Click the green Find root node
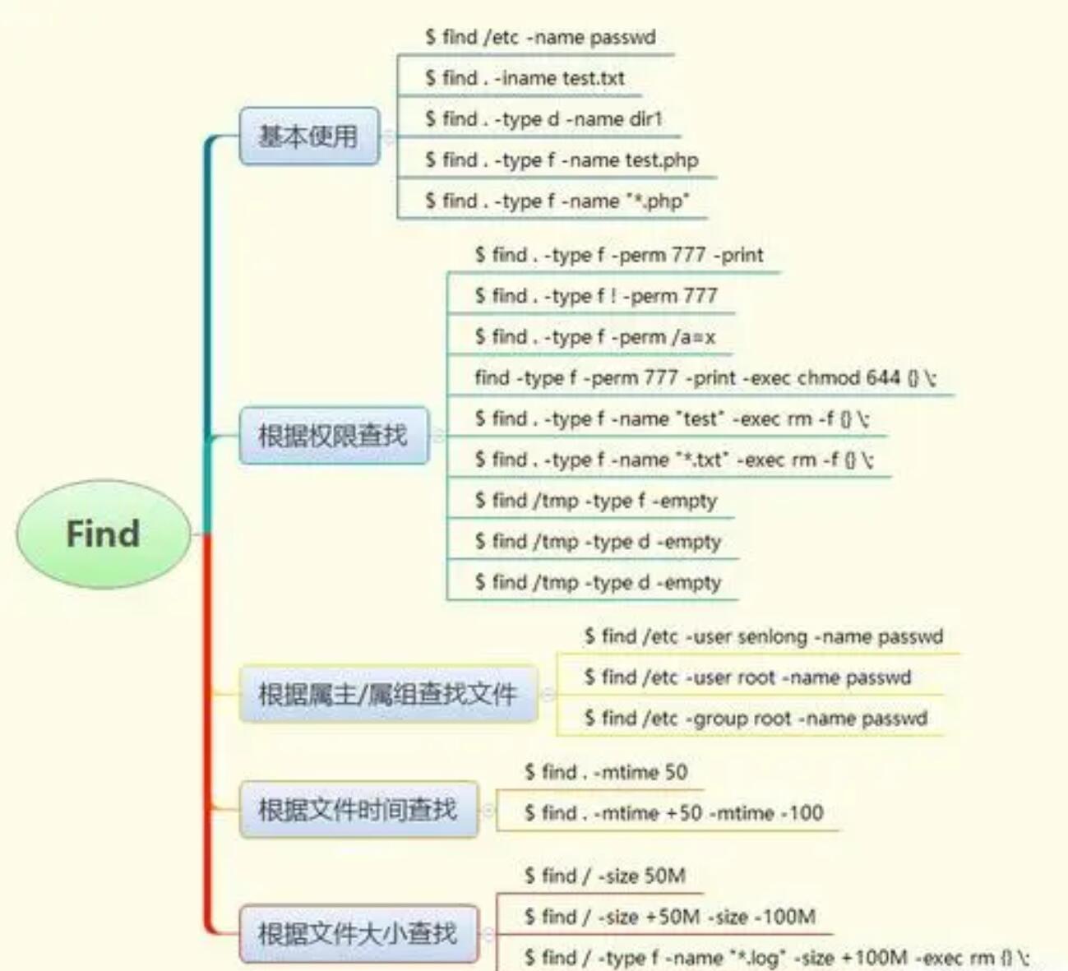103,534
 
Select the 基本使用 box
309,136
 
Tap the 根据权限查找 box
333,435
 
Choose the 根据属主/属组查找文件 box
388,694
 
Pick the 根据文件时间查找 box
358,809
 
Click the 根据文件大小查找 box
358,933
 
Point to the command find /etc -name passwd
540,37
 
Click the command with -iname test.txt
525,78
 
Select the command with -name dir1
543,119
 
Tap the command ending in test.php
562,160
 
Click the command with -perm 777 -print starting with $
618,255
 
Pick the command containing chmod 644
705,378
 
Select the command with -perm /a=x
594,337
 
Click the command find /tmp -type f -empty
595,501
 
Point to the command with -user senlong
764,636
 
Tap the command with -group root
756,719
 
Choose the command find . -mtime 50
606,772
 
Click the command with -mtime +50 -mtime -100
673,813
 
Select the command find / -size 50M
605,876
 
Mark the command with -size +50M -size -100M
670,917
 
